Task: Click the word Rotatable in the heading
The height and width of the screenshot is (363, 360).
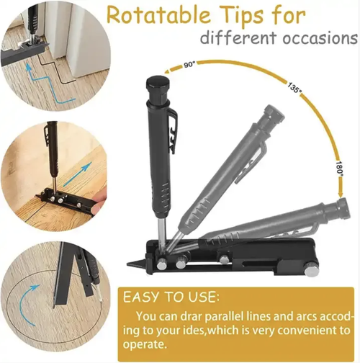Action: pyautogui.click(x=158, y=16)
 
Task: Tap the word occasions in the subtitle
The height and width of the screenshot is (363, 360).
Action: pyautogui.click(x=320, y=37)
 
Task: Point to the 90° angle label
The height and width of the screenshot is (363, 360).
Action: pyautogui.click(x=190, y=65)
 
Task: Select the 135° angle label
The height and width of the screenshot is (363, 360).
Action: pyautogui.click(x=294, y=87)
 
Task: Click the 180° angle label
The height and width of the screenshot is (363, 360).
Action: pyautogui.click(x=339, y=169)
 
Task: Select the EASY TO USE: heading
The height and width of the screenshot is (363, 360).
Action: pyautogui.click(x=171, y=297)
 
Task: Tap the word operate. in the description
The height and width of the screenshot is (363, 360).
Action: pyautogui.click(x=145, y=344)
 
